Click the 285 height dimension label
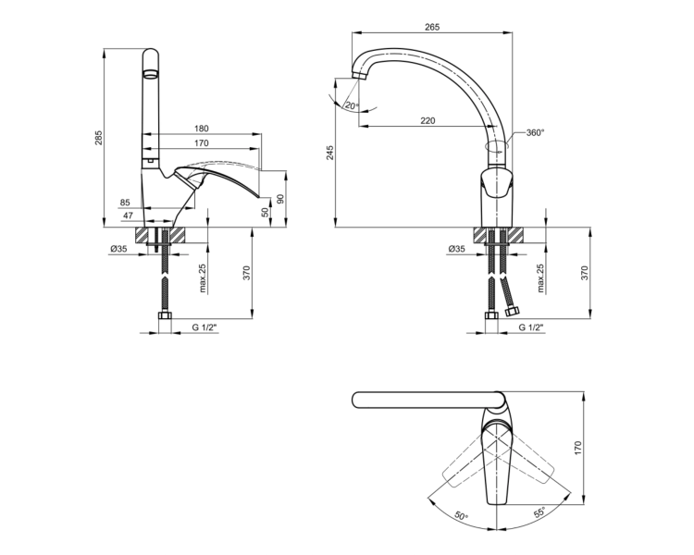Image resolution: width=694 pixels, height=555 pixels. point(99,138)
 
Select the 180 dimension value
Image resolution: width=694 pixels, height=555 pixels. point(201,129)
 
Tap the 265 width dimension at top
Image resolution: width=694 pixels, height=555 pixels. point(432,27)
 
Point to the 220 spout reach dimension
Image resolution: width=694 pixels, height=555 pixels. point(428,120)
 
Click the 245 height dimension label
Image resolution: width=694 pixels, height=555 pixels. point(330,153)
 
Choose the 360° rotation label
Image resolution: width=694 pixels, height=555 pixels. point(536,133)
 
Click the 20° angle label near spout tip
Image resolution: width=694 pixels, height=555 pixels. point(352,105)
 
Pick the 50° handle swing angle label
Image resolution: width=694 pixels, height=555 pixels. point(461,515)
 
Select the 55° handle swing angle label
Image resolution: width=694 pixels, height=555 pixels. point(539,512)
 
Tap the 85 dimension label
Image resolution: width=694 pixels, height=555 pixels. point(125,203)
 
